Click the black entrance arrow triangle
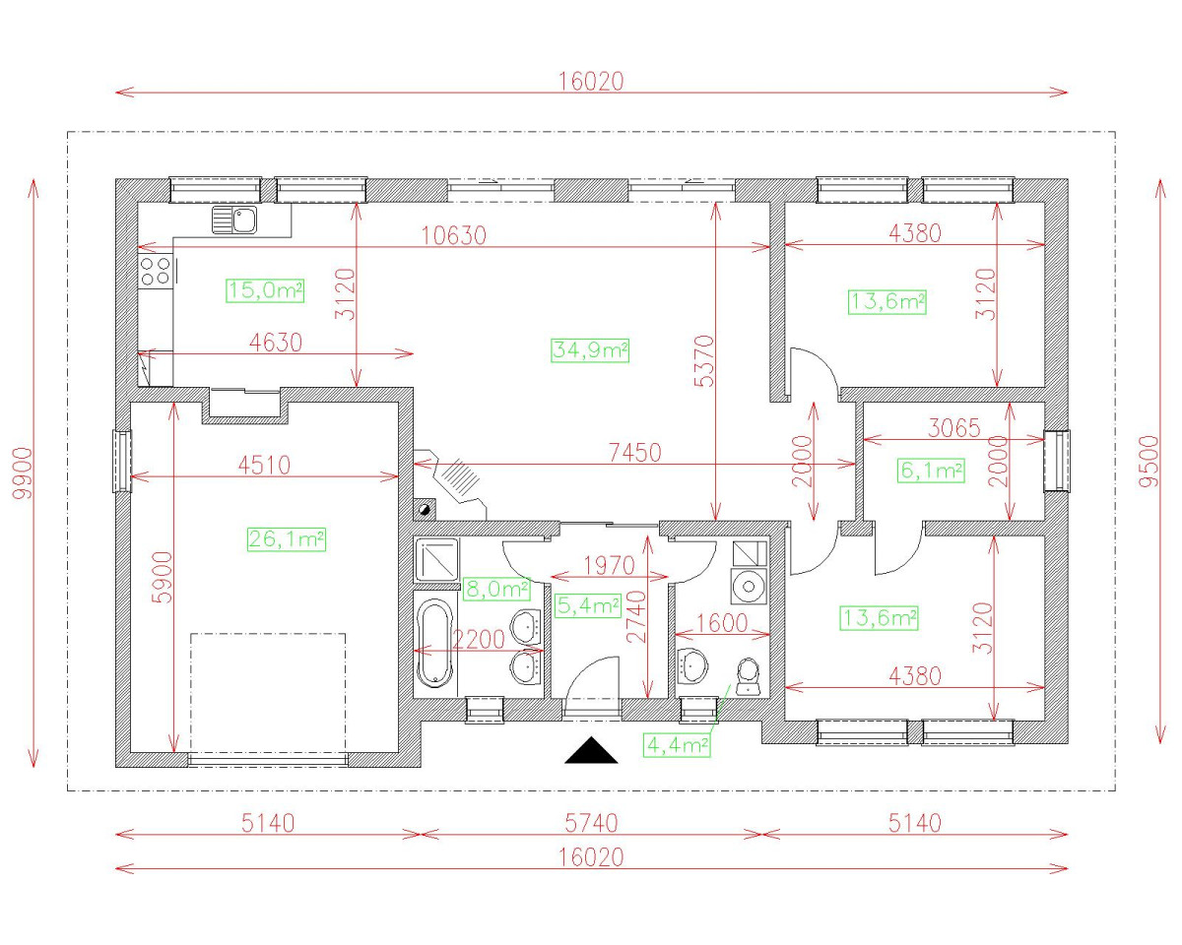[x=591, y=752]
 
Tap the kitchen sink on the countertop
[x=233, y=220]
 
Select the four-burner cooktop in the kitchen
[x=156, y=270]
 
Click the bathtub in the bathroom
[x=433, y=644]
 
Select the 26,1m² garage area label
[x=286, y=538]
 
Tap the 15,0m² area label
[x=264, y=290]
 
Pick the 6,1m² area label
[x=931, y=472]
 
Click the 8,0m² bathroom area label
[x=496, y=589]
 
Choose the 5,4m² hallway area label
[x=588, y=605]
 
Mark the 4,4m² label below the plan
[x=677, y=745]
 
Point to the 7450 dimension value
[x=634, y=452]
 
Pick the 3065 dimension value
[x=953, y=428]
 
